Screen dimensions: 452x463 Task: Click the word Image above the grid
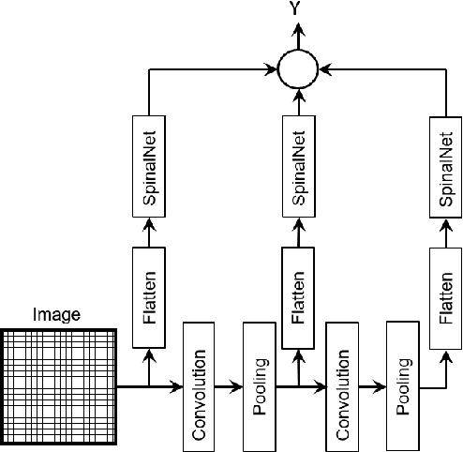(x=57, y=316)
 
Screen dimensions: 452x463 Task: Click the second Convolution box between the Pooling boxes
(x=343, y=384)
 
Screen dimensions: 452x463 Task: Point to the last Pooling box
(x=401, y=384)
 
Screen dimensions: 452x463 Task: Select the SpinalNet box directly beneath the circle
(x=297, y=166)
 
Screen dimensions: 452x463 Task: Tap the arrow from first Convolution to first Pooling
(x=231, y=384)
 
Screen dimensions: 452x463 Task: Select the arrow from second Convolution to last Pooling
(x=373, y=384)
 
